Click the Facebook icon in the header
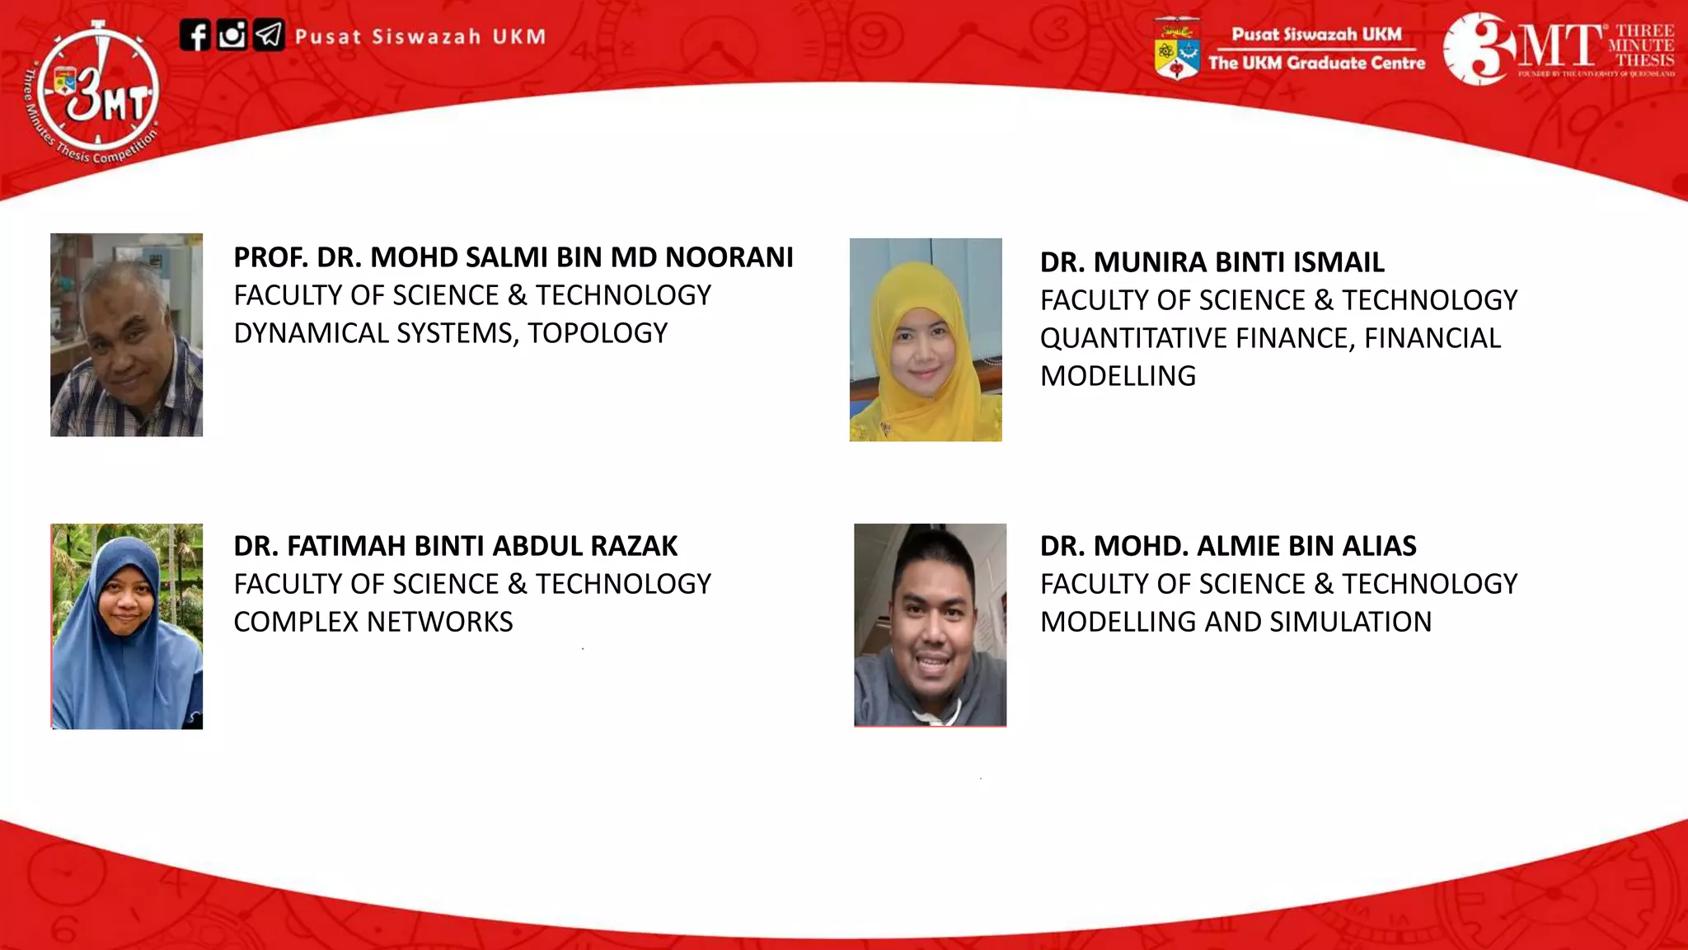(195, 36)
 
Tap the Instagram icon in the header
(232, 35)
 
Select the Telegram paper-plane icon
(269, 35)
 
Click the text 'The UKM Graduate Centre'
(1316, 63)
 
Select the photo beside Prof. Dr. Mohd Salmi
(126, 335)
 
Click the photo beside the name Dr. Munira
(926, 340)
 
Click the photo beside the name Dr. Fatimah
(127, 626)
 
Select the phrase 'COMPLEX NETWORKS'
(373, 622)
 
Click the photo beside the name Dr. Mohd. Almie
(930, 625)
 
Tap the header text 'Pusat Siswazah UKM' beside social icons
(420, 37)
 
